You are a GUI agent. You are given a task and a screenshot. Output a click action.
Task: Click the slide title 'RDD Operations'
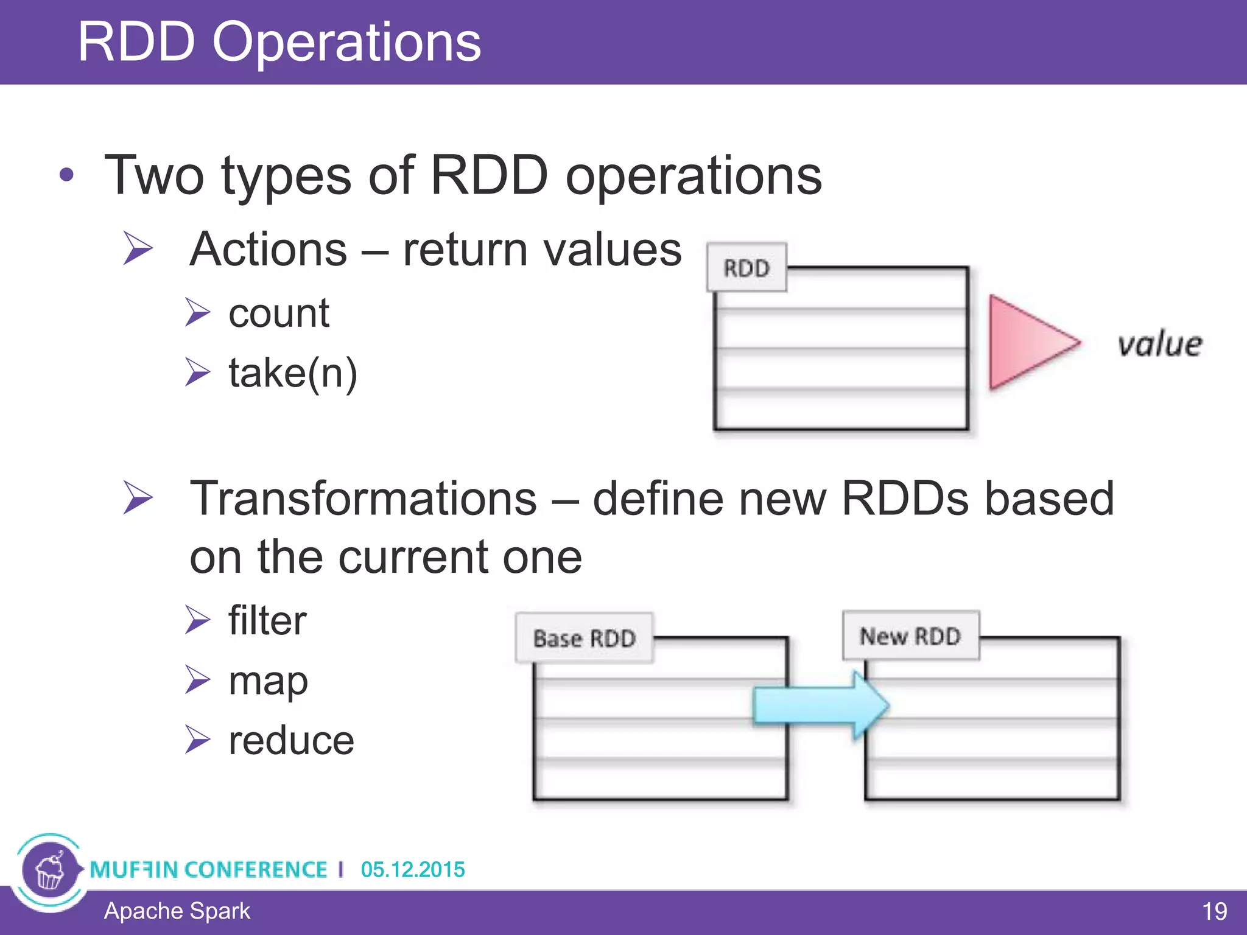point(279,42)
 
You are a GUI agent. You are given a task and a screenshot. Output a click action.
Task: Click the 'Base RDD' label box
point(584,638)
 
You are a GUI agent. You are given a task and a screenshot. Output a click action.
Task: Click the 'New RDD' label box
point(910,636)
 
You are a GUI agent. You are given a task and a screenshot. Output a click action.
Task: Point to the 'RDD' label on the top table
point(746,268)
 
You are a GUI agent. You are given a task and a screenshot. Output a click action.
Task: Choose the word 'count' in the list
point(279,313)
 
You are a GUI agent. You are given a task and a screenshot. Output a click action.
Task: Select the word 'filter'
point(267,621)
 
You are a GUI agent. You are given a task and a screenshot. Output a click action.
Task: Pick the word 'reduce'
point(291,741)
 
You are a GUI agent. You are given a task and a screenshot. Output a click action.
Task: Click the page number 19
point(1214,912)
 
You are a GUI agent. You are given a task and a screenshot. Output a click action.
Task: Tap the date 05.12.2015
point(413,869)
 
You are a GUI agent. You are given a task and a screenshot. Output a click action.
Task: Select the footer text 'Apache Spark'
point(177,911)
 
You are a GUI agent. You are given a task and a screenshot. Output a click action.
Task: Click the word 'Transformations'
point(364,499)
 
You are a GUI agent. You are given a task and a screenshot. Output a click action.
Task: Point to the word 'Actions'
point(268,250)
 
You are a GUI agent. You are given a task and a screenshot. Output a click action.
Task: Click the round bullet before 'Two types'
point(66,176)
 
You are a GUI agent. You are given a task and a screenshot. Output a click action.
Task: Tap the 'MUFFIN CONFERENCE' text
point(208,869)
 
